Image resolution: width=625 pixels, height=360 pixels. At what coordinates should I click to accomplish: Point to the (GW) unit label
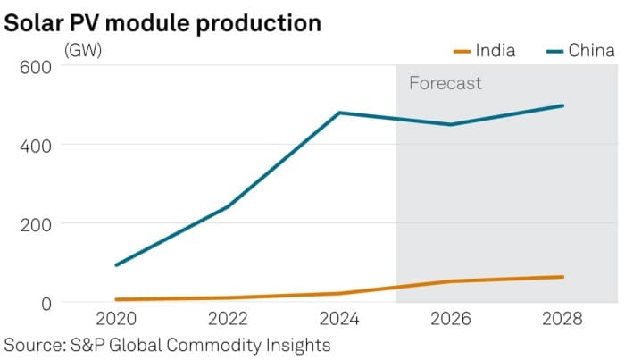[82, 50]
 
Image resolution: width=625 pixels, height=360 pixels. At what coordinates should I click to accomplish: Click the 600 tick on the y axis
[36, 65]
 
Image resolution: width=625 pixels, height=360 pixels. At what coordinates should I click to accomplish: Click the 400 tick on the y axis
[36, 145]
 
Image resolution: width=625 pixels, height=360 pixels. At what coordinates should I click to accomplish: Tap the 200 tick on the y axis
[36, 223]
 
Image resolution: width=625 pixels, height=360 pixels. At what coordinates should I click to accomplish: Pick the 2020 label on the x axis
[115, 319]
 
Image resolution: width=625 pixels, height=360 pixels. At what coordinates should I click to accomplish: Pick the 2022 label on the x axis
[227, 319]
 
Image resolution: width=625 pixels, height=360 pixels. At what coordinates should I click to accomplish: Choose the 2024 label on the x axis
[339, 319]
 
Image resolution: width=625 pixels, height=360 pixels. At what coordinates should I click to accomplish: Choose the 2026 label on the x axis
[451, 319]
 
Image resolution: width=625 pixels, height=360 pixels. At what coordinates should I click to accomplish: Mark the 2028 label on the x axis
[562, 319]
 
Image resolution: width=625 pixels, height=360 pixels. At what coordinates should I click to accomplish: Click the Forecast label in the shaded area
[445, 84]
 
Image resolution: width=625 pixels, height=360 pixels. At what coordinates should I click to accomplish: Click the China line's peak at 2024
[339, 113]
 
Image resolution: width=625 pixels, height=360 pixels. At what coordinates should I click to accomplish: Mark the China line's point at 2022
[227, 207]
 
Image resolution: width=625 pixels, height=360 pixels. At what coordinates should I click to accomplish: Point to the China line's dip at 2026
[451, 124]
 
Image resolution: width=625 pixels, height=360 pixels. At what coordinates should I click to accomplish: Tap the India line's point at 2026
[451, 281]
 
